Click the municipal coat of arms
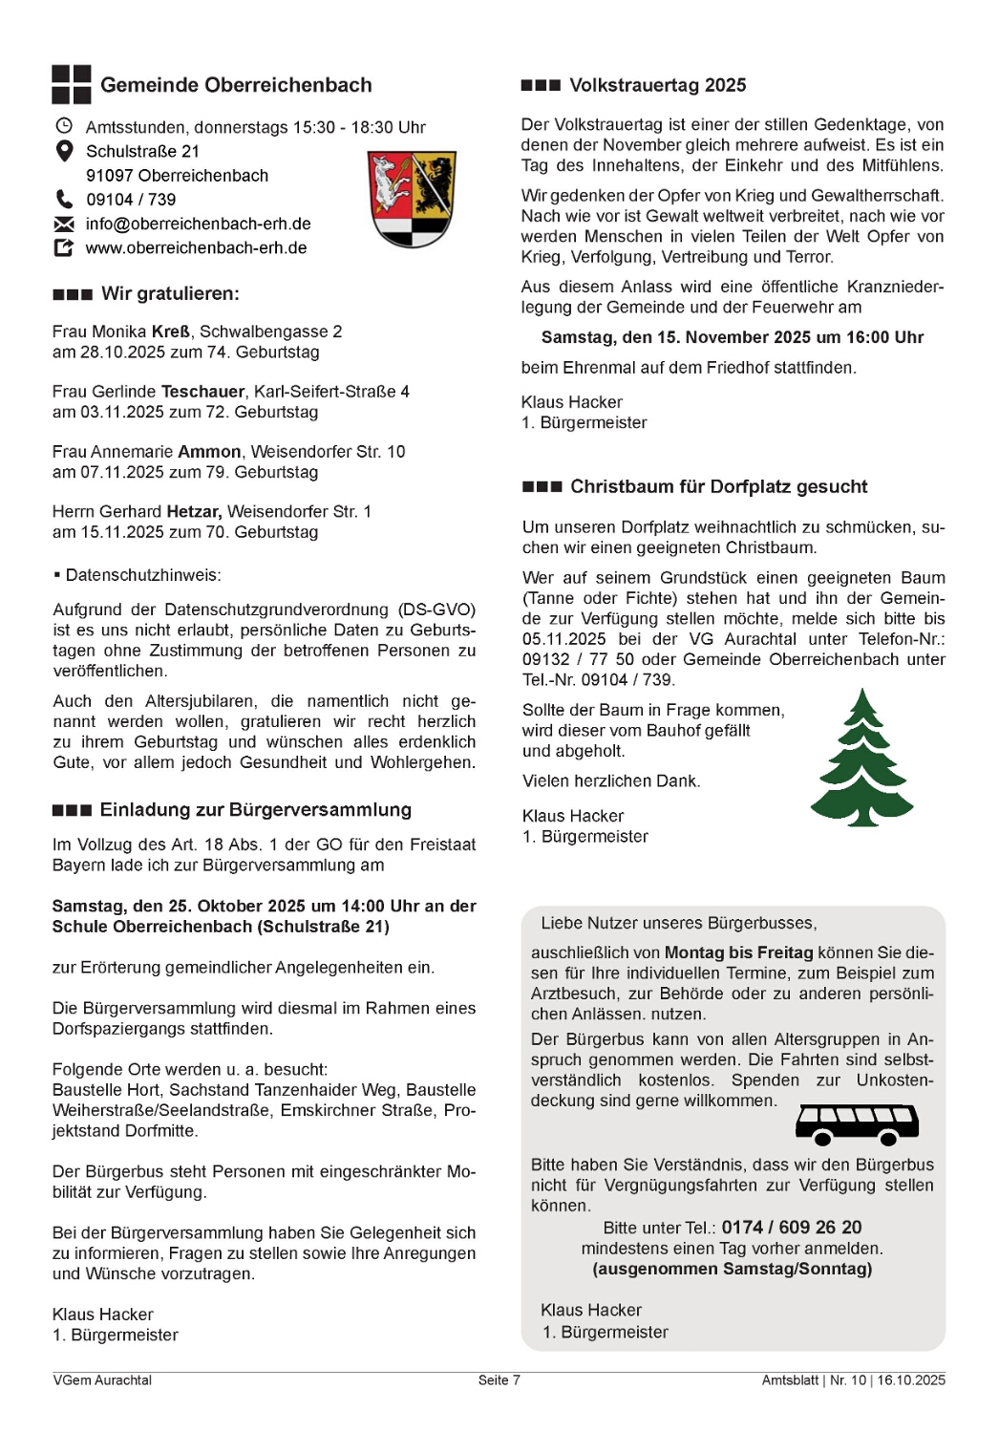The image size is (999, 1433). (412, 199)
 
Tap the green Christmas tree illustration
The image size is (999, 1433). (861, 760)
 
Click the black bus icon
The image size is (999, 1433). (857, 1124)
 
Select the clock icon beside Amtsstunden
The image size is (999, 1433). (64, 126)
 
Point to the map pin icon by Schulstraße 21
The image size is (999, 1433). (64, 151)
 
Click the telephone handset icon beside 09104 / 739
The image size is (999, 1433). (64, 199)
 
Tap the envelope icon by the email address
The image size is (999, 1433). (64, 224)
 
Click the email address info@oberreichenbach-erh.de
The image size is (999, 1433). (198, 224)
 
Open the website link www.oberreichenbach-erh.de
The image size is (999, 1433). (196, 247)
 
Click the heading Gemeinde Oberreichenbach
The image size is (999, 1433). (236, 85)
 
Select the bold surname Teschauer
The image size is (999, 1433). (202, 392)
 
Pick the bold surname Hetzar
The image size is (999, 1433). (194, 511)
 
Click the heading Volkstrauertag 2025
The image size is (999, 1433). (657, 85)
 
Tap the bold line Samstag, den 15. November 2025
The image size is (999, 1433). (732, 337)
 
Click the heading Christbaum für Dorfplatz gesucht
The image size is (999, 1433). (718, 486)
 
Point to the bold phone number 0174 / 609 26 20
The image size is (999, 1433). (791, 1228)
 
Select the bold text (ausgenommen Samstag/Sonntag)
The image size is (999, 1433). (732, 1269)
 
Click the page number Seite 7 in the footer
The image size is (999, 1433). (499, 1380)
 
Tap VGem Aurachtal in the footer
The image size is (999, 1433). (102, 1380)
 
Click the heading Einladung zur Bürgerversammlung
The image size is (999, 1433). (255, 810)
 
